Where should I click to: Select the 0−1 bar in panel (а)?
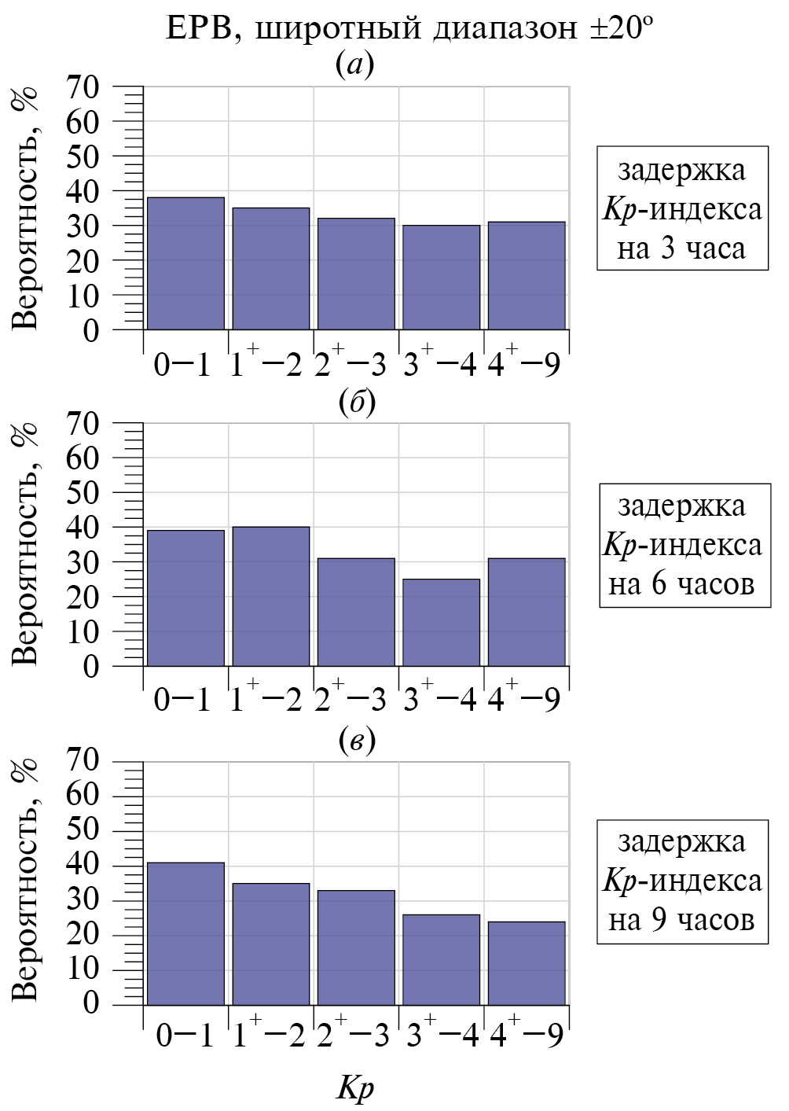(x=185, y=263)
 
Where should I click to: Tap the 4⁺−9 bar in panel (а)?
(x=526, y=275)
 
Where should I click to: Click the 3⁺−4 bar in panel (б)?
(x=441, y=622)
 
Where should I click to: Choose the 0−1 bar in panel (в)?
(x=185, y=933)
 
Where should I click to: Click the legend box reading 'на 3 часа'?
(x=681, y=208)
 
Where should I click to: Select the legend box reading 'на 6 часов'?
(x=681, y=545)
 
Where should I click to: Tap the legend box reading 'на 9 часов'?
(x=681, y=881)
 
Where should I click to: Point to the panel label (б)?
(x=355, y=403)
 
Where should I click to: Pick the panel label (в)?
(x=355, y=740)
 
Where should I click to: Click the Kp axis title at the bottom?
(x=355, y=1088)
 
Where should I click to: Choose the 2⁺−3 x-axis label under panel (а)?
(x=352, y=365)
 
